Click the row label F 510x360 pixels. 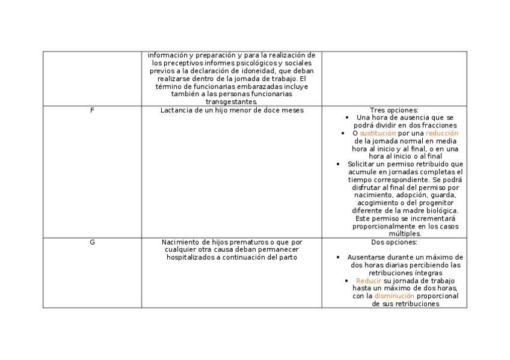coord(92,110)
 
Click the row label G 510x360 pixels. coord(92,242)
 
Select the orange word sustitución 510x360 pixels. coord(378,133)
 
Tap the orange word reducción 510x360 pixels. coord(442,133)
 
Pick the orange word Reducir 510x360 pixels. coord(369,281)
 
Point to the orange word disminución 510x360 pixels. coord(394,296)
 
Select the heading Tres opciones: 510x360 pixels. coord(394,110)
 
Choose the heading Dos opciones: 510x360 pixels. coord(394,242)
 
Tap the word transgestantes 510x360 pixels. coord(231,102)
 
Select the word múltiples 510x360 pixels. coord(405,234)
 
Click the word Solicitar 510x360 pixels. coord(363,163)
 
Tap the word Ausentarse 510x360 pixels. coord(367,257)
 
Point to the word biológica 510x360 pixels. coord(440,210)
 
